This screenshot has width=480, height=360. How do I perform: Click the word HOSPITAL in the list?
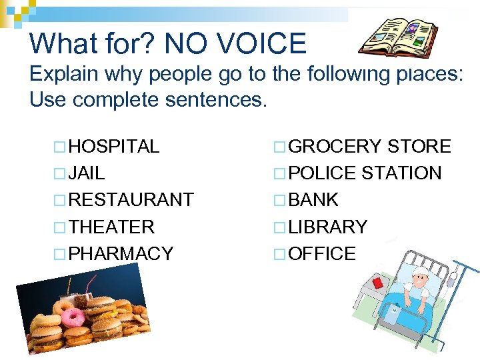click(113, 147)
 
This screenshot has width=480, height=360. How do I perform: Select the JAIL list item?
click(87, 173)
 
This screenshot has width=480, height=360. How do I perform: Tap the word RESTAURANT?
click(131, 200)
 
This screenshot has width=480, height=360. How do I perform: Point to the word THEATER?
click(111, 227)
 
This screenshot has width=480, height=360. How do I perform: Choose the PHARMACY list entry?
click(121, 253)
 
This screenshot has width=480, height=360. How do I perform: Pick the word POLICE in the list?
click(323, 173)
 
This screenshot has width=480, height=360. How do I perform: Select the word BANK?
click(315, 200)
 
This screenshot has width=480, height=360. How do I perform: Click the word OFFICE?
click(323, 253)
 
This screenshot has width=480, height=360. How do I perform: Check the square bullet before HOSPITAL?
click(61, 147)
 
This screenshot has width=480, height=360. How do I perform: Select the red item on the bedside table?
click(377, 283)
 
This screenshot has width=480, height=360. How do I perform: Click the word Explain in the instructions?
click(64, 74)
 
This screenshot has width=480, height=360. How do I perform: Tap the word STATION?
click(401, 173)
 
